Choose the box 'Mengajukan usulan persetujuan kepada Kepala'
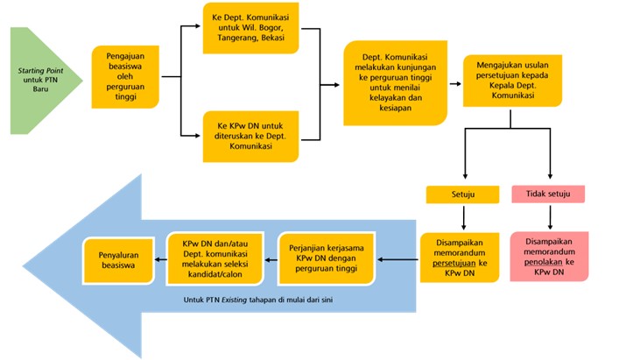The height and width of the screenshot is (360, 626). [512, 81]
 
